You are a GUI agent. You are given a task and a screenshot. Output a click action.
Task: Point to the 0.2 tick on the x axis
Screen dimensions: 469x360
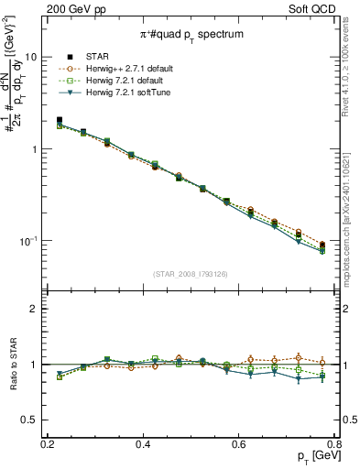pos(47,445)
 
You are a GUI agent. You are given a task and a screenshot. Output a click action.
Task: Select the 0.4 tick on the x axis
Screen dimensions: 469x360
pos(143,445)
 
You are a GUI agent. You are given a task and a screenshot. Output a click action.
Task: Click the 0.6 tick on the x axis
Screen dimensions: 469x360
pos(239,445)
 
